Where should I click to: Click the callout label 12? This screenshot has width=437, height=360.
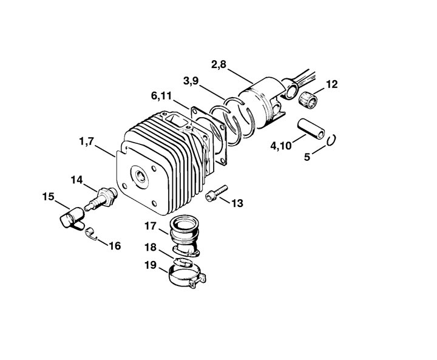331,84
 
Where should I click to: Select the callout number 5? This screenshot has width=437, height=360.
307,157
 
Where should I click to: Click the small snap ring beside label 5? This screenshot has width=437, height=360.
331,140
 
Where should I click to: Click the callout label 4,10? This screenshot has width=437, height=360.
281,146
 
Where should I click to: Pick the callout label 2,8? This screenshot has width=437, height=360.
218,65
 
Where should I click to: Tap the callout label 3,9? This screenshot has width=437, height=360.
191,81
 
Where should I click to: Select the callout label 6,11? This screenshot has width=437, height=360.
161,96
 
